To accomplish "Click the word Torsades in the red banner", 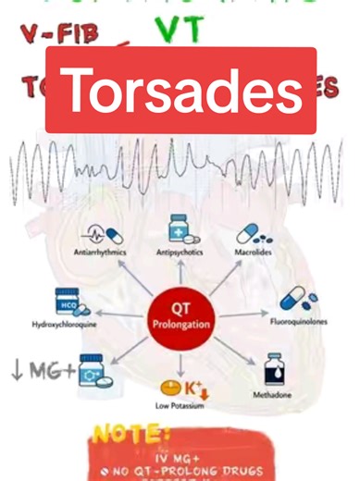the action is pyautogui.click(x=181, y=91).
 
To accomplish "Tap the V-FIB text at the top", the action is pyautogui.click(x=59, y=35).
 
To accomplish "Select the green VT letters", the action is pyautogui.click(x=180, y=30).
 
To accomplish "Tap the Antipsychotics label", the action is pyautogui.click(x=179, y=252).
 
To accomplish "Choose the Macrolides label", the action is pyautogui.click(x=253, y=252).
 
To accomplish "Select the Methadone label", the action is pyautogui.click(x=272, y=394).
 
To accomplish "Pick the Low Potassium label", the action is pyautogui.click(x=179, y=404).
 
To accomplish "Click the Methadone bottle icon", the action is pyautogui.click(x=274, y=369).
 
